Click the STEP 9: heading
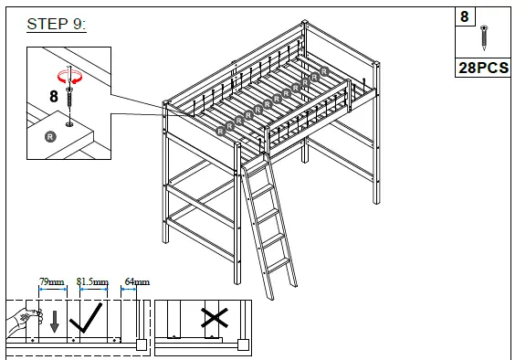pos(57,25)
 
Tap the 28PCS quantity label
pos(483,69)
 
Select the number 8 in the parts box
pos(465,16)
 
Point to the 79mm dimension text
pos(51,282)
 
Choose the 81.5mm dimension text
pos(92,282)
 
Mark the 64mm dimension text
pos(136,282)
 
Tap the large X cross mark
pos(214,319)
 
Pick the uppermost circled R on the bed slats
pos(324,71)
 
